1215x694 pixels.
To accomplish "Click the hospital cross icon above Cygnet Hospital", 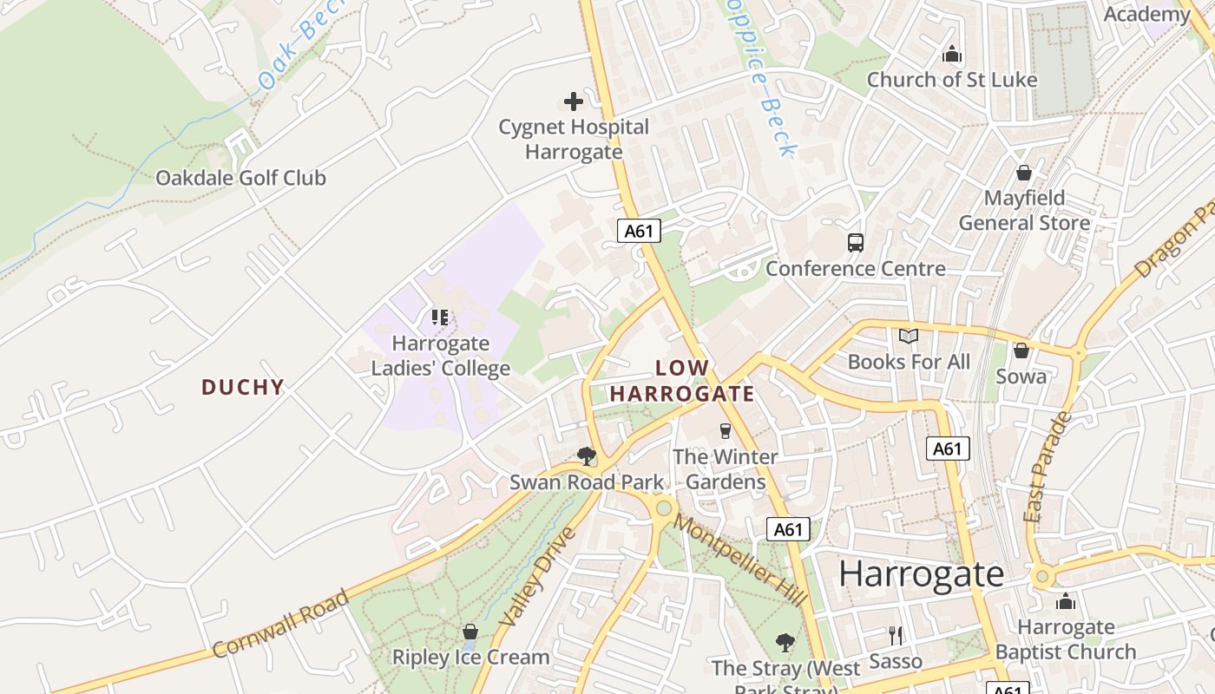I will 574,101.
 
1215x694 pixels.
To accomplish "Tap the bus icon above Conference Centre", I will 856,243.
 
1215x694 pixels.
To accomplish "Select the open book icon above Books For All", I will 909,337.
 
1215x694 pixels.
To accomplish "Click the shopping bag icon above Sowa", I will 1021,350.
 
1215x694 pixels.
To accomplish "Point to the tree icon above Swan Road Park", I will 587,455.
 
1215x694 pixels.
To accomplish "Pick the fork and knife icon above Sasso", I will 896,636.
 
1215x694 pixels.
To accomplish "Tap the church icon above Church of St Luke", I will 952,55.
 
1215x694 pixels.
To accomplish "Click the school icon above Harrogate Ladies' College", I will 440,318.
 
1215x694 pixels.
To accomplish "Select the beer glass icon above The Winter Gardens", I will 726,430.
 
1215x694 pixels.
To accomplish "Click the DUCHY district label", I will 243,387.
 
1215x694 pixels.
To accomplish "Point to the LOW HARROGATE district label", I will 682,381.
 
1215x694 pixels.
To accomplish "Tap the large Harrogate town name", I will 922,573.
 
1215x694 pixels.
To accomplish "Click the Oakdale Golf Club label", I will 240,178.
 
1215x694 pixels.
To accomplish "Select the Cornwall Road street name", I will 280,623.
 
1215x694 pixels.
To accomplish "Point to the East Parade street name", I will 1048,467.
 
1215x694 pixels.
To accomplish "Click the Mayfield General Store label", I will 1024,211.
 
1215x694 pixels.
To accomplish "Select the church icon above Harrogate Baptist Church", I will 1066,601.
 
